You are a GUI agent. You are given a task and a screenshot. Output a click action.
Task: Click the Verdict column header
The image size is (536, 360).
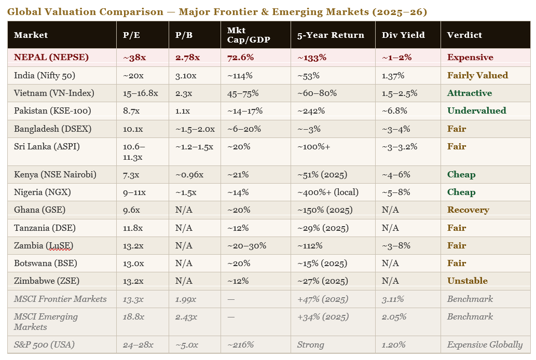coord(464,35)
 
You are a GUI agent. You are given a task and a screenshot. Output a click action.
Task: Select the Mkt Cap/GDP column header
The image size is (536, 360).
coord(243,35)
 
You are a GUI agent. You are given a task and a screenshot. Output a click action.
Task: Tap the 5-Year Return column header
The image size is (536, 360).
coord(331,35)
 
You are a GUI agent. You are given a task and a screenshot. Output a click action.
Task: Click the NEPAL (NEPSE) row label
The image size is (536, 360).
coord(51,58)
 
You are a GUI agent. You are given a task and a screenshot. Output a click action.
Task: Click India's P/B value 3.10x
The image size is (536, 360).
coord(186,76)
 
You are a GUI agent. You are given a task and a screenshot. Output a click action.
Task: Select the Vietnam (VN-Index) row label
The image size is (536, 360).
coord(54,93)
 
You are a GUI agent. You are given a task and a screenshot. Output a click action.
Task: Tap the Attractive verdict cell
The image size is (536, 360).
coord(470,93)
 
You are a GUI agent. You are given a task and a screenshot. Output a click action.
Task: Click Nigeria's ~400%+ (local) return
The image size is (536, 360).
coord(327,192)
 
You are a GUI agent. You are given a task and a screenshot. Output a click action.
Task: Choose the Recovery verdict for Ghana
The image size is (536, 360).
coord(468,210)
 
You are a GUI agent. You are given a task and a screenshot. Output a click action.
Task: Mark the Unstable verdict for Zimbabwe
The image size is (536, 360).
coord(468,281)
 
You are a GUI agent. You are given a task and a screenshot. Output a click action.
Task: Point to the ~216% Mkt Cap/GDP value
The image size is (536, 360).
coord(240,345)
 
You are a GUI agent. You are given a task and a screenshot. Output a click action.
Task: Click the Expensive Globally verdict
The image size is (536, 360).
coord(485,345)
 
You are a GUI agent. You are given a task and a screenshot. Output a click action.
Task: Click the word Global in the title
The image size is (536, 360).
coord(23,12)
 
